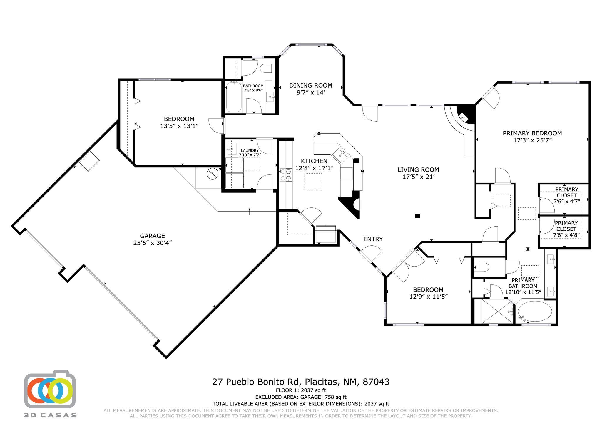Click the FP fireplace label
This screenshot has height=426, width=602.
click(x=463, y=118)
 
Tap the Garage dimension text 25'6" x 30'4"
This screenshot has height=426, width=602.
click(x=152, y=243)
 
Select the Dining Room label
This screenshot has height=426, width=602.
click(x=310, y=85)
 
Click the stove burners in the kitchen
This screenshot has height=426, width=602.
click(x=285, y=175)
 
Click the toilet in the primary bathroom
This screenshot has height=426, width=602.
click(x=482, y=267)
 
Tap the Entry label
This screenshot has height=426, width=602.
click(x=373, y=239)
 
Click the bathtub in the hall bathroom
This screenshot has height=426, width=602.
click(x=234, y=97)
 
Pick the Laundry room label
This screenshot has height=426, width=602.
click(x=250, y=150)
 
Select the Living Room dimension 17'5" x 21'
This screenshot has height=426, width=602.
click(x=418, y=177)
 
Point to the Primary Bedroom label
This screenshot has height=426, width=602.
click(x=532, y=133)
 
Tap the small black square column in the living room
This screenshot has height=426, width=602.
click(x=417, y=216)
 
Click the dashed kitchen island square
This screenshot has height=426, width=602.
click(x=313, y=182)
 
